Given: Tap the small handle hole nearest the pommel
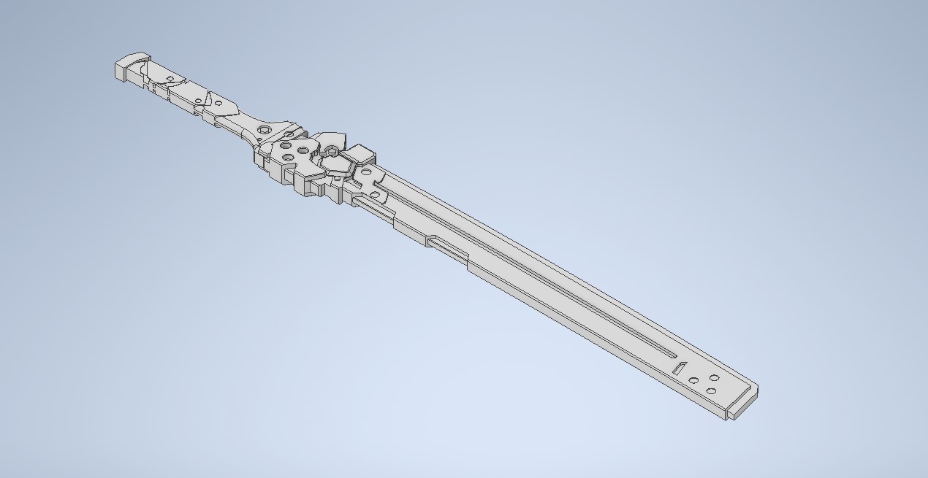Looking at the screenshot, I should [x=170, y=79].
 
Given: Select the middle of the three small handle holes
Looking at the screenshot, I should [x=197, y=101].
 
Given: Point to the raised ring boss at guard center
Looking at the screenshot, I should [x=331, y=151].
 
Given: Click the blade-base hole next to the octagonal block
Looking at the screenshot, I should [x=365, y=173].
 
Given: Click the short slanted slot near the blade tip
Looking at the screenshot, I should [x=679, y=369].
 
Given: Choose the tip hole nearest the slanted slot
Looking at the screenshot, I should [x=693, y=380].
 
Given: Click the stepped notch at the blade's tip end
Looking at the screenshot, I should [x=742, y=404].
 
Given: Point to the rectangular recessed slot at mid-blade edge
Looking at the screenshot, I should [x=447, y=247].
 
